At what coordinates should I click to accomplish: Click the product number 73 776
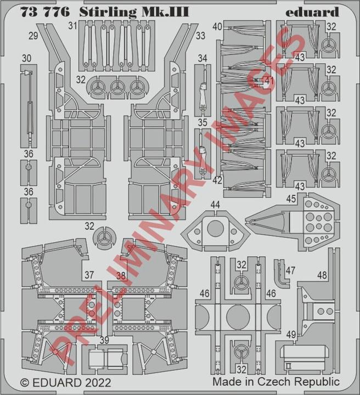(45, 12)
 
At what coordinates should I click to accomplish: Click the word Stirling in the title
(108, 12)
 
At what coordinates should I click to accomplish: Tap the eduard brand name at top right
(312, 12)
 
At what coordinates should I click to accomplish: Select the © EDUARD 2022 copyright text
(65, 382)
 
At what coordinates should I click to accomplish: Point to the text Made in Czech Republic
(276, 382)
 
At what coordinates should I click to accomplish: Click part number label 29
(33, 36)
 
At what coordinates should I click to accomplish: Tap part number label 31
(72, 25)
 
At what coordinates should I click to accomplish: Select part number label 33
(200, 36)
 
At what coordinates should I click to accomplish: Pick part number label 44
(215, 205)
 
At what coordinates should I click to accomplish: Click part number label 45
(291, 199)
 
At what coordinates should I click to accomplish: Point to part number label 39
(104, 340)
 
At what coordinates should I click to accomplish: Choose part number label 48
(322, 275)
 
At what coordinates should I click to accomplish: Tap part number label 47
(290, 270)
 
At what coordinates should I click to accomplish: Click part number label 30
(26, 59)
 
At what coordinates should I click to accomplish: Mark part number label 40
(217, 26)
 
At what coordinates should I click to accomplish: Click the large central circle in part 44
(215, 228)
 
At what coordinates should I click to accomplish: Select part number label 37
(89, 275)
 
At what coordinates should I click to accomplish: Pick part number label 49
(291, 335)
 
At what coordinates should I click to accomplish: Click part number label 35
(203, 122)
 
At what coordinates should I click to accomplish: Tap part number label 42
(217, 180)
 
